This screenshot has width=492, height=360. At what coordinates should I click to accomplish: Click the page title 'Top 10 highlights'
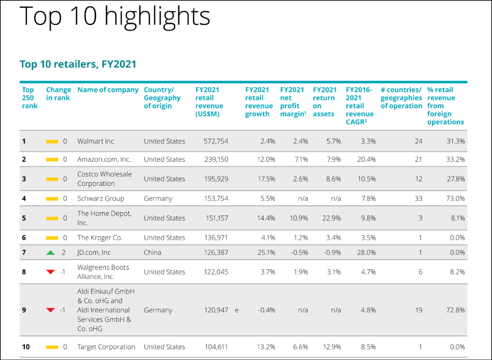115,16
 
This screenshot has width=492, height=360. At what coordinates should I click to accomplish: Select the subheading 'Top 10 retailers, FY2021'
78,64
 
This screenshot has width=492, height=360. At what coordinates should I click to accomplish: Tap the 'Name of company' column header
108,90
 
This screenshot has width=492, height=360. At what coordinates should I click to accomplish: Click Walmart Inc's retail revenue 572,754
216,142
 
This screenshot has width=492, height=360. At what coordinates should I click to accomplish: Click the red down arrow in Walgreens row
51,272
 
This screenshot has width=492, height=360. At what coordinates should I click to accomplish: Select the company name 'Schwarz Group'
101,199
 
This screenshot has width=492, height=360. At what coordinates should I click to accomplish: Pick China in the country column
152,253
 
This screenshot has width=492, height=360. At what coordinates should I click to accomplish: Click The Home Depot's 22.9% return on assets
331,218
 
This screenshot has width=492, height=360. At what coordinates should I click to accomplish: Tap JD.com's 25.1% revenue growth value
266,253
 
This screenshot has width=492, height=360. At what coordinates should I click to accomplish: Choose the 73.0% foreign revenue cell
455,199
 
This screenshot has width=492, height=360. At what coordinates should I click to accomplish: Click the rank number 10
26,347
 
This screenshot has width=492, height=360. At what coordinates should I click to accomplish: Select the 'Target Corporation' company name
106,347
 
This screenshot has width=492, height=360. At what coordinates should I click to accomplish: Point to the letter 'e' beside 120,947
236,310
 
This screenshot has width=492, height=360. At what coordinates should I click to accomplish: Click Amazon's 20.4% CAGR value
367,160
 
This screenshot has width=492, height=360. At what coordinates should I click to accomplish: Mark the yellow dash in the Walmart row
52,142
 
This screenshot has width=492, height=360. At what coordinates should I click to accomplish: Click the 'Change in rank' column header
58,94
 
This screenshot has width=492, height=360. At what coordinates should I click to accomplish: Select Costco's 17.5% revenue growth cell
266,179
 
